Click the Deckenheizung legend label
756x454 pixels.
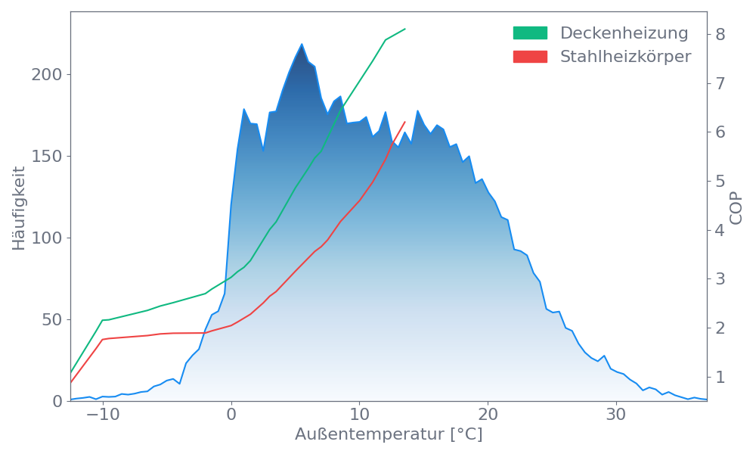click(624, 33)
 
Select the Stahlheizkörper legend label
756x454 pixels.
click(625, 57)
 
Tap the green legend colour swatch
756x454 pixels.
click(530, 33)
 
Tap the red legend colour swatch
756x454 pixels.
click(530, 57)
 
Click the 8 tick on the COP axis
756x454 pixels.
click(720, 34)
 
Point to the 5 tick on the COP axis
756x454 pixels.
click(720, 181)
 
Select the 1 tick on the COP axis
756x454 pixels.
click(720, 377)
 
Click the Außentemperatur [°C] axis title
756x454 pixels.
click(389, 436)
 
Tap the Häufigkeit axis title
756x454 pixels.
click(19, 208)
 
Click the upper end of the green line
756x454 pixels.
click(405, 29)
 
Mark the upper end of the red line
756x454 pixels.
click(405, 122)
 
